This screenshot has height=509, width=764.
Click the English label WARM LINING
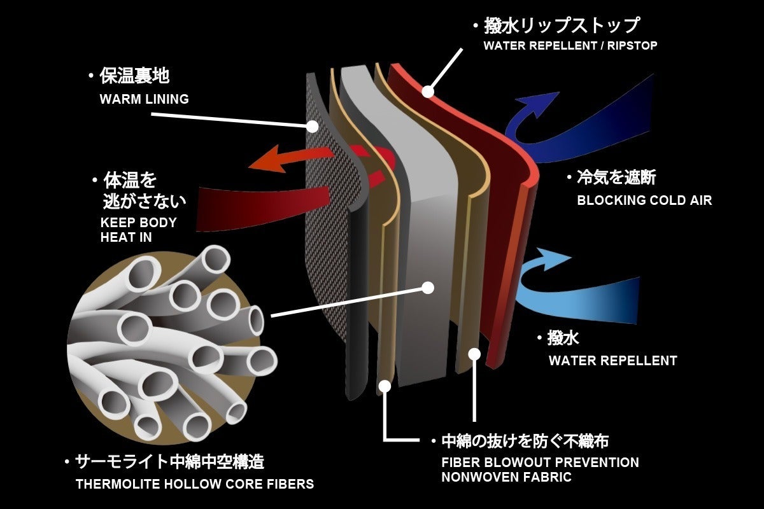pyautogui.click(x=144, y=99)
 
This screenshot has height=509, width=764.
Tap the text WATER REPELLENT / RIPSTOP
pyautogui.click(x=570, y=46)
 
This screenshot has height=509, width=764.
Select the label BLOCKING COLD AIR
pyautogui.click(x=644, y=200)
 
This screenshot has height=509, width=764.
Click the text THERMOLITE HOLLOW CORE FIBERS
pyautogui.click(x=195, y=484)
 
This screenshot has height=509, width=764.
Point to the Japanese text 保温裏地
pyautogui.click(x=134, y=77)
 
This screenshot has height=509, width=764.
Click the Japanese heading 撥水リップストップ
pyautogui.click(x=561, y=26)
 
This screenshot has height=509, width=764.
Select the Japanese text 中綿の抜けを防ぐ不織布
pyautogui.click(x=524, y=441)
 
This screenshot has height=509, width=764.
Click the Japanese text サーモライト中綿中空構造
pyautogui.click(x=169, y=461)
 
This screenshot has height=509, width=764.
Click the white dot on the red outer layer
pyautogui.click(x=428, y=92)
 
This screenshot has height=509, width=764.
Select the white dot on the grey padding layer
pyautogui.click(x=428, y=288)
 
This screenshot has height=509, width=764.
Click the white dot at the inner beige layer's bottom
pyautogui.click(x=384, y=386)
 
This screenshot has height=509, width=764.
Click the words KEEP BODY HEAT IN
pyautogui.click(x=138, y=230)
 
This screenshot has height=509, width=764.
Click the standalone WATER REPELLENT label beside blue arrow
pyautogui.click(x=612, y=361)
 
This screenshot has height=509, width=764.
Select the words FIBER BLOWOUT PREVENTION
pyautogui.click(x=540, y=463)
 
